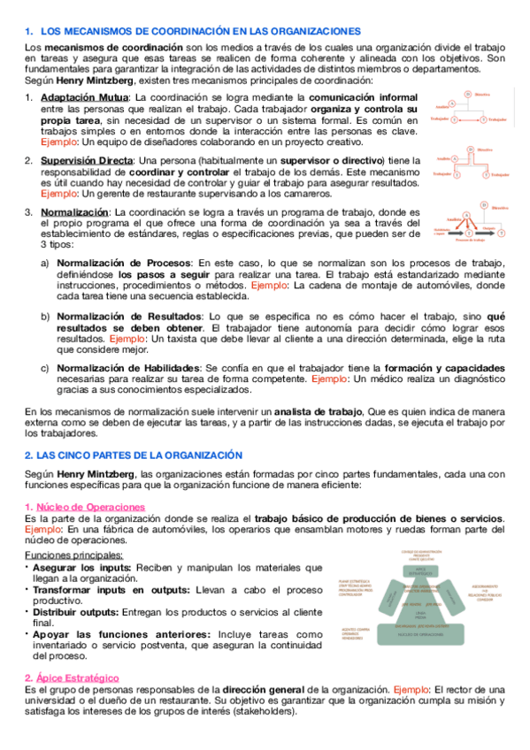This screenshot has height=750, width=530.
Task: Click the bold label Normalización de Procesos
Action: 123,263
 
